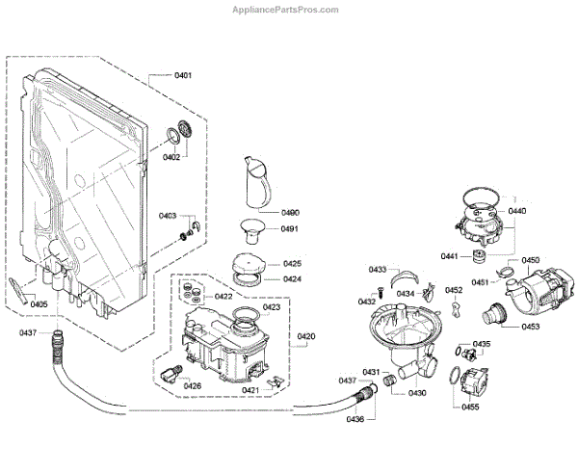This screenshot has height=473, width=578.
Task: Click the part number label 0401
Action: [x=183, y=75]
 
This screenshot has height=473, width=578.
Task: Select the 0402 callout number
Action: [x=171, y=156]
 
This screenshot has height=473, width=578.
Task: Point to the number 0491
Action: [x=290, y=229]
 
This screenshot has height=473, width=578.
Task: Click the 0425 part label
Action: [x=292, y=263]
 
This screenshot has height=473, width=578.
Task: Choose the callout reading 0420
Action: [x=306, y=336]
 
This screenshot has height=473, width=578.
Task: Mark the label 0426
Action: [x=193, y=385]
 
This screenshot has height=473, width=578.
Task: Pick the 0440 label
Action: [x=517, y=211]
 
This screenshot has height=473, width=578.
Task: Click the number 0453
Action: [x=530, y=326]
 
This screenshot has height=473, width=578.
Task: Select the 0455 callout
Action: [x=470, y=407]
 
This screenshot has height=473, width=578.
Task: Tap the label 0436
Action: [x=356, y=418]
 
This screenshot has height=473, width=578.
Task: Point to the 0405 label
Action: [x=39, y=304]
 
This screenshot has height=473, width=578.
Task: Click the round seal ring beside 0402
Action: [x=179, y=133]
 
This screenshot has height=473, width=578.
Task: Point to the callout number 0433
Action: [x=377, y=270]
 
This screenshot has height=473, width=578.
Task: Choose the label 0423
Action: [x=271, y=307]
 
